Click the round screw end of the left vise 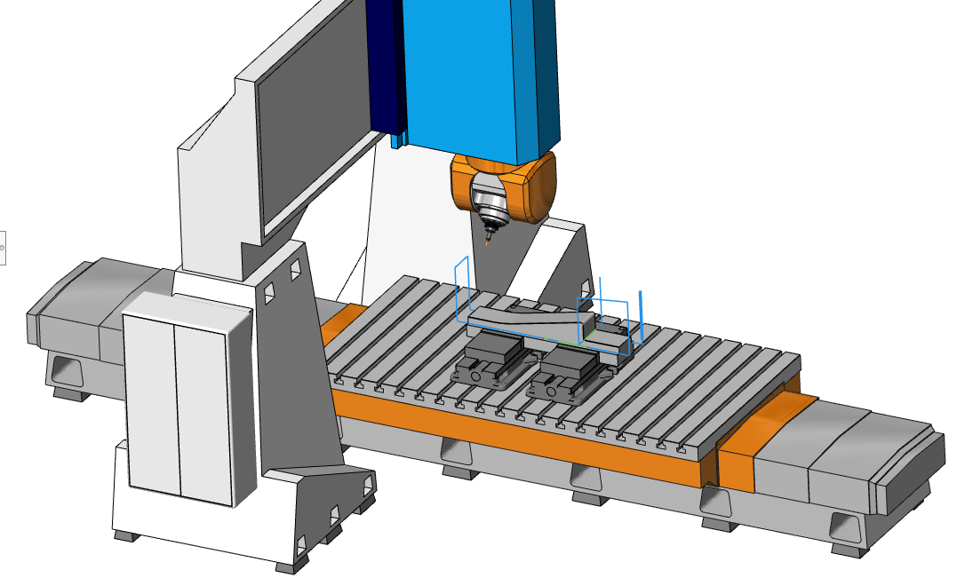(x=476, y=376)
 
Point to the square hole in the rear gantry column (x=585, y=288)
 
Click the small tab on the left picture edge (x=3, y=246)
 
